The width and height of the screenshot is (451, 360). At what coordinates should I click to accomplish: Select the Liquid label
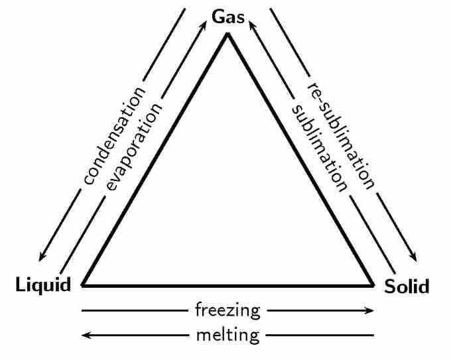(x=44, y=286)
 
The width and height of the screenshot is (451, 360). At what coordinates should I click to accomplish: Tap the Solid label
(x=407, y=287)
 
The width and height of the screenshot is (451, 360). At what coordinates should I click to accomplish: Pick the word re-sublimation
(x=340, y=137)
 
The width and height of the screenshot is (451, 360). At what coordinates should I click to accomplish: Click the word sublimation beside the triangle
(x=318, y=147)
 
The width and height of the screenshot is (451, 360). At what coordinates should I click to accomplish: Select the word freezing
(x=227, y=310)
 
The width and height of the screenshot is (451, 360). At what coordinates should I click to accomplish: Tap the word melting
(x=227, y=335)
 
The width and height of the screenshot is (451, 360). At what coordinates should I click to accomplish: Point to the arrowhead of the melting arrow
(x=85, y=335)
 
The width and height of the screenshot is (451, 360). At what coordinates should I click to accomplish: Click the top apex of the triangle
(x=227, y=34)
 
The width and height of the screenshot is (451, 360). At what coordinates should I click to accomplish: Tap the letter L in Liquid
(x=20, y=286)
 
